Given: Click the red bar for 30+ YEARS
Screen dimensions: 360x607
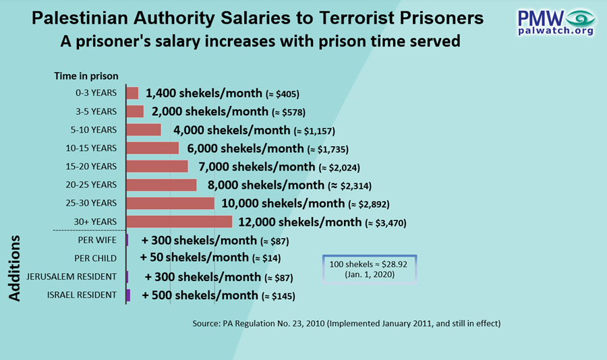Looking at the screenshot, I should click(x=179, y=221).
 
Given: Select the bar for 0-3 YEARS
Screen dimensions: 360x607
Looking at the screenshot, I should click(x=132, y=93).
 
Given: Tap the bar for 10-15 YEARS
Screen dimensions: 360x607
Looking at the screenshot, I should click(x=153, y=148).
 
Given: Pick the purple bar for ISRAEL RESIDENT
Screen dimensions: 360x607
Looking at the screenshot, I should click(x=128, y=295).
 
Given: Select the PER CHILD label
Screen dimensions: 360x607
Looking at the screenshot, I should click(x=95, y=258).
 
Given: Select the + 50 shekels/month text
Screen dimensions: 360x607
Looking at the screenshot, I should click(x=194, y=258).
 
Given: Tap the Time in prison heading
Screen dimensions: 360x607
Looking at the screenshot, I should click(x=86, y=76).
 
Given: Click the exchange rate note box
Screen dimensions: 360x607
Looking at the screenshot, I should click(x=370, y=268).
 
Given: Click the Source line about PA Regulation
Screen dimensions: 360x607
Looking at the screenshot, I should click(x=346, y=324).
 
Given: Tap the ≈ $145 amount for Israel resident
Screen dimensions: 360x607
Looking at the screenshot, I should click(x=279, y=296).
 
